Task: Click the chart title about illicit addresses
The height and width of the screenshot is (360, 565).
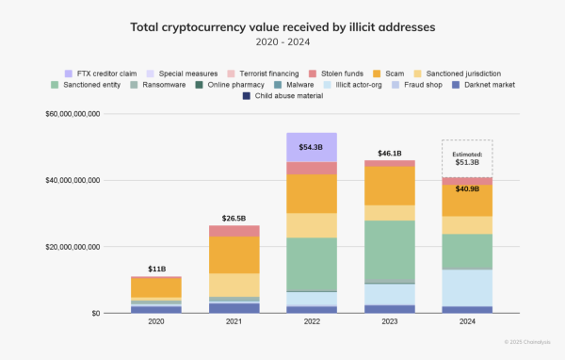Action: [x=282, y=26]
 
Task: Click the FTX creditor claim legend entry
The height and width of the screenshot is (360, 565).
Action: [x=105, y=73]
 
